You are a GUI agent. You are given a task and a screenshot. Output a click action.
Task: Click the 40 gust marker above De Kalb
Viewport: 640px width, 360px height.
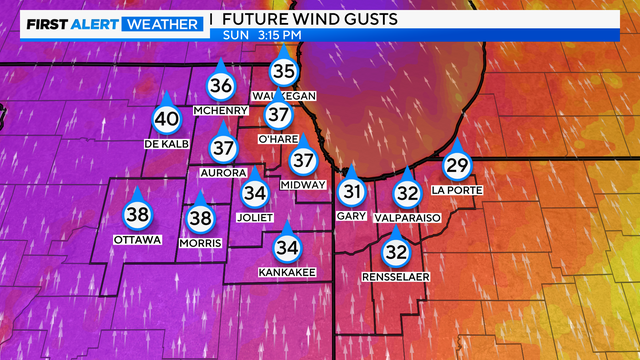[x=166, y=119]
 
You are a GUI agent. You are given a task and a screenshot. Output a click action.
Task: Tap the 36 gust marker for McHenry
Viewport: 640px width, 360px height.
[x=221, y=86]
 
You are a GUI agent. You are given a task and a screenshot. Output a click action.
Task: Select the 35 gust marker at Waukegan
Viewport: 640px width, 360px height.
[x=284, y=70]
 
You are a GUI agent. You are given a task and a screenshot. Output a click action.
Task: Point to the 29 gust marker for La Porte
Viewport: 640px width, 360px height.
[x=457, y=165]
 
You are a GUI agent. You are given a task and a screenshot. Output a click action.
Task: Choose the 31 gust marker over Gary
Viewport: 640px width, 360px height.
[x=351, y=191]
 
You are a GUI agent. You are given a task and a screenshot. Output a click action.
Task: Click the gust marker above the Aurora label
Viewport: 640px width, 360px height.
[x=222, y=148]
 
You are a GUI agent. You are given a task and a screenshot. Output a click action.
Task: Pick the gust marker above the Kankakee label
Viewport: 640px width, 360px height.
[x=287, y=246]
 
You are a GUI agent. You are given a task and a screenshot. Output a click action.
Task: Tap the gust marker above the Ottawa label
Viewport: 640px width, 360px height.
[x=137, y=214]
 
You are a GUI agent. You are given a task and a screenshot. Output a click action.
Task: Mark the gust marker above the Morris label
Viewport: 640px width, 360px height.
[x=201, y=218]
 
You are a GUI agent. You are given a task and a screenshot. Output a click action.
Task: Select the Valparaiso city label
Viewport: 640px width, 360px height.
[x=406, y=217]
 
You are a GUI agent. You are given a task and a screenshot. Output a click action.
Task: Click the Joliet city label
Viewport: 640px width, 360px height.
[x=255, y=215]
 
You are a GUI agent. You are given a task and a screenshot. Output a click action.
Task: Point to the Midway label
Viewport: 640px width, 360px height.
[x=303, y=185]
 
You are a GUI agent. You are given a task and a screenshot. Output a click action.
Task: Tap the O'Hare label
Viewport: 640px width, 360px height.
[x=278, y=139]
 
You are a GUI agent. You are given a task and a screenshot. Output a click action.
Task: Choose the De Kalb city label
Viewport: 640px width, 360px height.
[x=166, y=145]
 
